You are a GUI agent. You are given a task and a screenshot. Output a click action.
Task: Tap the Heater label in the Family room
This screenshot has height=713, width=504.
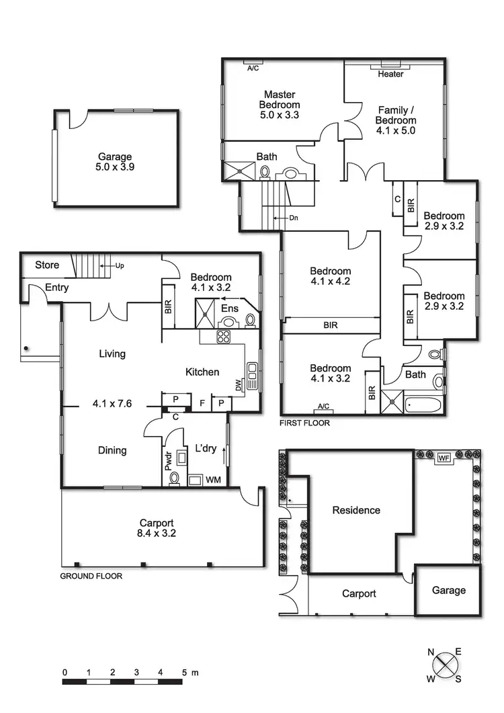(390, 74)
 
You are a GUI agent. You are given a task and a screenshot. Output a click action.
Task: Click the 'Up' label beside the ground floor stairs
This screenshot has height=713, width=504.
(119, 265)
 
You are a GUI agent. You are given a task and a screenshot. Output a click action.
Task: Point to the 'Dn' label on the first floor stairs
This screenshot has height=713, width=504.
(294, 218)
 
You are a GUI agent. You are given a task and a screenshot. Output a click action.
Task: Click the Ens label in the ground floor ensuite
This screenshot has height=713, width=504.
(230, 308)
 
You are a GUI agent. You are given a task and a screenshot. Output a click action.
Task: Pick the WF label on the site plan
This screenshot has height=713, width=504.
(444, 458)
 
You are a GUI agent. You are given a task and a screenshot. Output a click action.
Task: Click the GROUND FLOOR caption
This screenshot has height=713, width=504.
(91, 576)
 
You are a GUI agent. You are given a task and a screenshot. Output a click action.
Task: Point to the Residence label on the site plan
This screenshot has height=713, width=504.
(356, 510)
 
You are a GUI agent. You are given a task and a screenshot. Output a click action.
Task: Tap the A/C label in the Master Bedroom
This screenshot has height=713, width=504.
(253, 69)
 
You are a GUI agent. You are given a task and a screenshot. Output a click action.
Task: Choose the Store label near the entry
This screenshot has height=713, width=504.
(47, 265)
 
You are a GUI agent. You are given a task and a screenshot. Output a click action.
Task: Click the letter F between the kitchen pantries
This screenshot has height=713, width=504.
(202, 404)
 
